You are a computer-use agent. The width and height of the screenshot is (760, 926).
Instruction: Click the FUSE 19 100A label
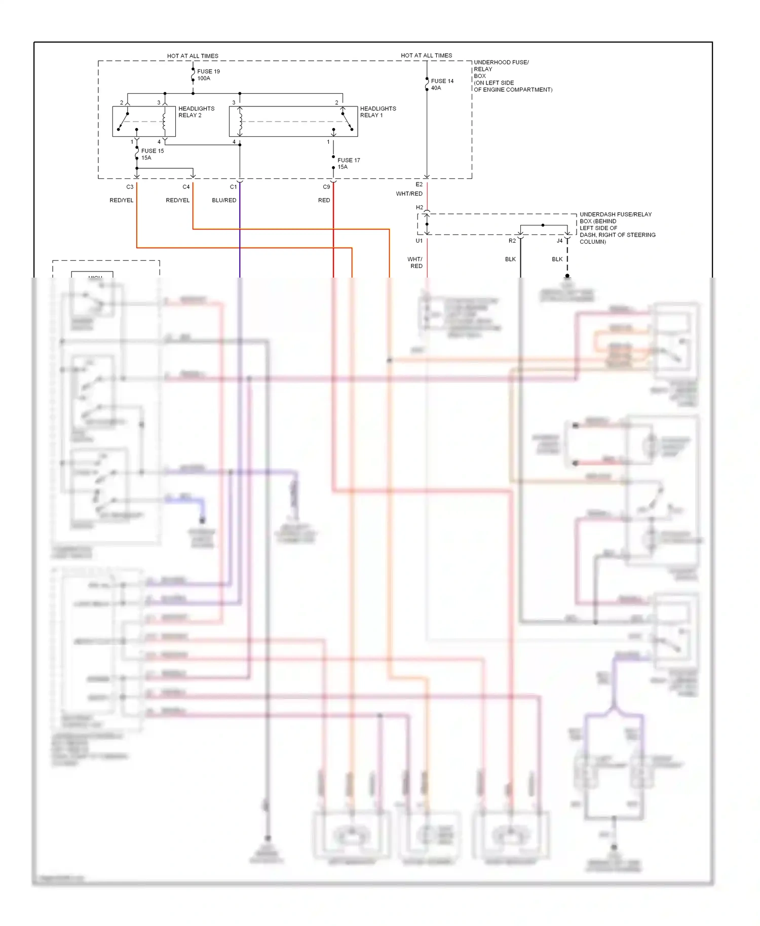(208, 75)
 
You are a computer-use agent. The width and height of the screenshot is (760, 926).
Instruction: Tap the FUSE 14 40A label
(442, 85)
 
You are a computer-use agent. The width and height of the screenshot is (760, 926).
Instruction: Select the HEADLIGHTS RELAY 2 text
(196, 112)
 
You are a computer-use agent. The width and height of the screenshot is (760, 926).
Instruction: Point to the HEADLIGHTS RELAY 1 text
(378, 112)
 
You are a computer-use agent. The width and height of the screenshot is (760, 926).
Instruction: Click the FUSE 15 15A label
(152, 155)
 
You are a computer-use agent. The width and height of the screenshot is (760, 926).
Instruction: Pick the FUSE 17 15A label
(349, 164)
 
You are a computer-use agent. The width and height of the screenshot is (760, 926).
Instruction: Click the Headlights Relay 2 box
(144, 122)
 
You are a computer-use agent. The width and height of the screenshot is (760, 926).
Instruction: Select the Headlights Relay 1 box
(293, 122)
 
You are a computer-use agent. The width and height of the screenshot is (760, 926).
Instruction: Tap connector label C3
(130, 187)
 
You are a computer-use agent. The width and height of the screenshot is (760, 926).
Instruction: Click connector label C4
(186, 187)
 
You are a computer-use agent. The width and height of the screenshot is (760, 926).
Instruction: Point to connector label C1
(233, 187)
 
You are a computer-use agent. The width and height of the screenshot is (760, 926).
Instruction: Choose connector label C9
(326, 187)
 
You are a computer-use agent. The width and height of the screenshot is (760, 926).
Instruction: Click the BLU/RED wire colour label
(224, 201)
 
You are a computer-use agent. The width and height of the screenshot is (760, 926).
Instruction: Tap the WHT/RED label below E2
(409, 194)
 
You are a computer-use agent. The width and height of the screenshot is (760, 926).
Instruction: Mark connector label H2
(419, 207)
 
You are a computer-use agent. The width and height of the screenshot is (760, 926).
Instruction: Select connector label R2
(512, 241)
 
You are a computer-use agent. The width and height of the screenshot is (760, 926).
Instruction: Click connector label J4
(559, 241)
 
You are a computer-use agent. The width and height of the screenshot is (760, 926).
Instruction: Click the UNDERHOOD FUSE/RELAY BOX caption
(512, 76)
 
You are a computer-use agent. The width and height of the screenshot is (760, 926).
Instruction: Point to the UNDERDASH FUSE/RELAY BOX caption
(617, 228)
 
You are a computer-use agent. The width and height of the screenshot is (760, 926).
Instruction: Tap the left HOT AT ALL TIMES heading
(193, 56)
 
